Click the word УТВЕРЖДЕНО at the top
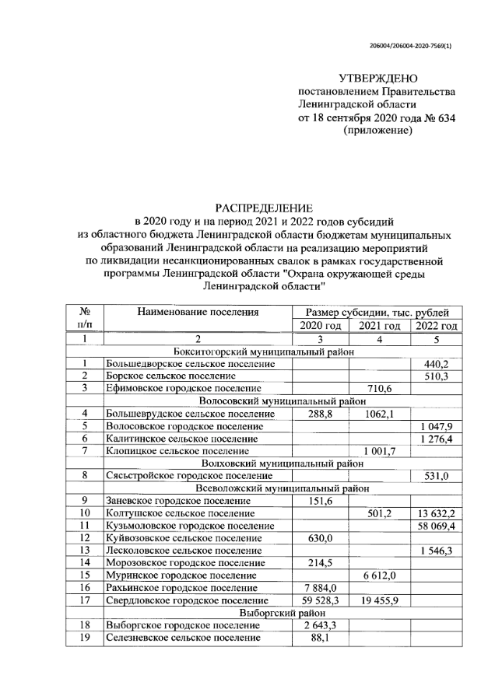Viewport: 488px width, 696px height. click(x=378, y=78)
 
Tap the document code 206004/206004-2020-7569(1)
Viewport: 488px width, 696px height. click(x=410, y=44)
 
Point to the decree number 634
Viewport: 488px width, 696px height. click(x=445, y=117)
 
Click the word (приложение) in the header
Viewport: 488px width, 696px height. click(x=377, y=131)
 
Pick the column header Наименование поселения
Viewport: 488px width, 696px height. click(x=197, y=313)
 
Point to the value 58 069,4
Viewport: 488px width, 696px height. click(x=435, y=526)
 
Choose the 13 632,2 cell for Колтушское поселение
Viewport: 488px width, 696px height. click(x=435, y=513)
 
